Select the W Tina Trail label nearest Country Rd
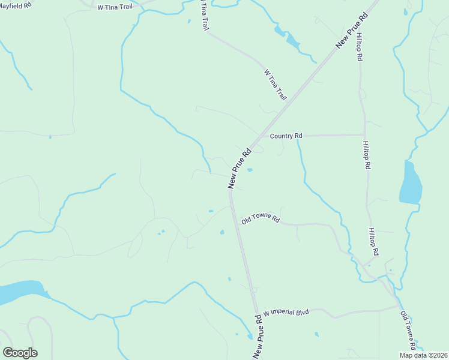(x=276, y=84)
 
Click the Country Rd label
(x=285, y=136)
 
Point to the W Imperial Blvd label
(x=285, y=313)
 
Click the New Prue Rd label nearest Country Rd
(x=239, y=170)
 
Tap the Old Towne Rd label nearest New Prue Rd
(x=261, y=220)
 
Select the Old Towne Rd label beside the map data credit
(x=408, y=330)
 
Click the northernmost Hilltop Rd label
(x=359, y=46)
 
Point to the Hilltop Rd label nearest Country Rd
(x=366, y=155)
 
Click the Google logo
(x=20, y=353)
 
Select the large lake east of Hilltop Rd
(x=410, y=184)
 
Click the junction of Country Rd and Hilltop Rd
(x=364, y=134)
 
